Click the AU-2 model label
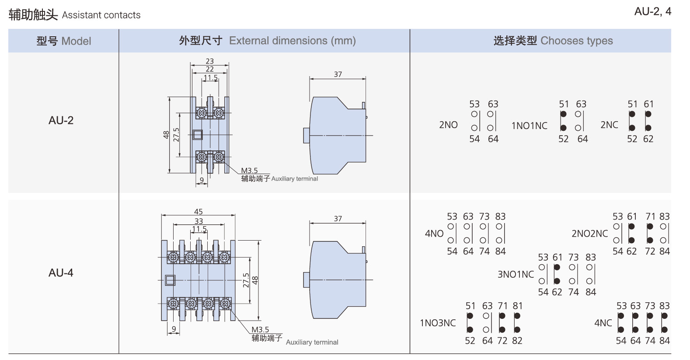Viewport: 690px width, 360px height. tap(61, 120)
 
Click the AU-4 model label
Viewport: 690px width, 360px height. tap(61, 273)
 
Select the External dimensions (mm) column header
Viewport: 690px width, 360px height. tap(267, 41)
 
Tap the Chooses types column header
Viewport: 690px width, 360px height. tap(553, 41)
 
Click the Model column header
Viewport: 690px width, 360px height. tap(64, 41)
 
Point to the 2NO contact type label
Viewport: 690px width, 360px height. tap(448, 125)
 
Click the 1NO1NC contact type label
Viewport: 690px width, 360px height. tap(529, 126)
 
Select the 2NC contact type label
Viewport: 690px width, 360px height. tap(609, 125)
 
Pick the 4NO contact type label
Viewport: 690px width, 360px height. tap(434, 234)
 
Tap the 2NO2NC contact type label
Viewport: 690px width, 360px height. tap(589, 234)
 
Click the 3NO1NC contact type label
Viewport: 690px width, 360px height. tap(516, 275)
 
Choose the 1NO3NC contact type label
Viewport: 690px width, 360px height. tap(438, 323)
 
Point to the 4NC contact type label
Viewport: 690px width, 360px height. tap(603, 323)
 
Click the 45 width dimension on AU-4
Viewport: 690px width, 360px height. tap(199, 212)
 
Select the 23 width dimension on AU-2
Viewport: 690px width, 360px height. tap(210, 62)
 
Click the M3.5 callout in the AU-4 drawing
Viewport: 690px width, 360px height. tap(260, 330)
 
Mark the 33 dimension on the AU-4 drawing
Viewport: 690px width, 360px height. tap(199, 221)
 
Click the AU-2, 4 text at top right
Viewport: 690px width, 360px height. tap(652, 12)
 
